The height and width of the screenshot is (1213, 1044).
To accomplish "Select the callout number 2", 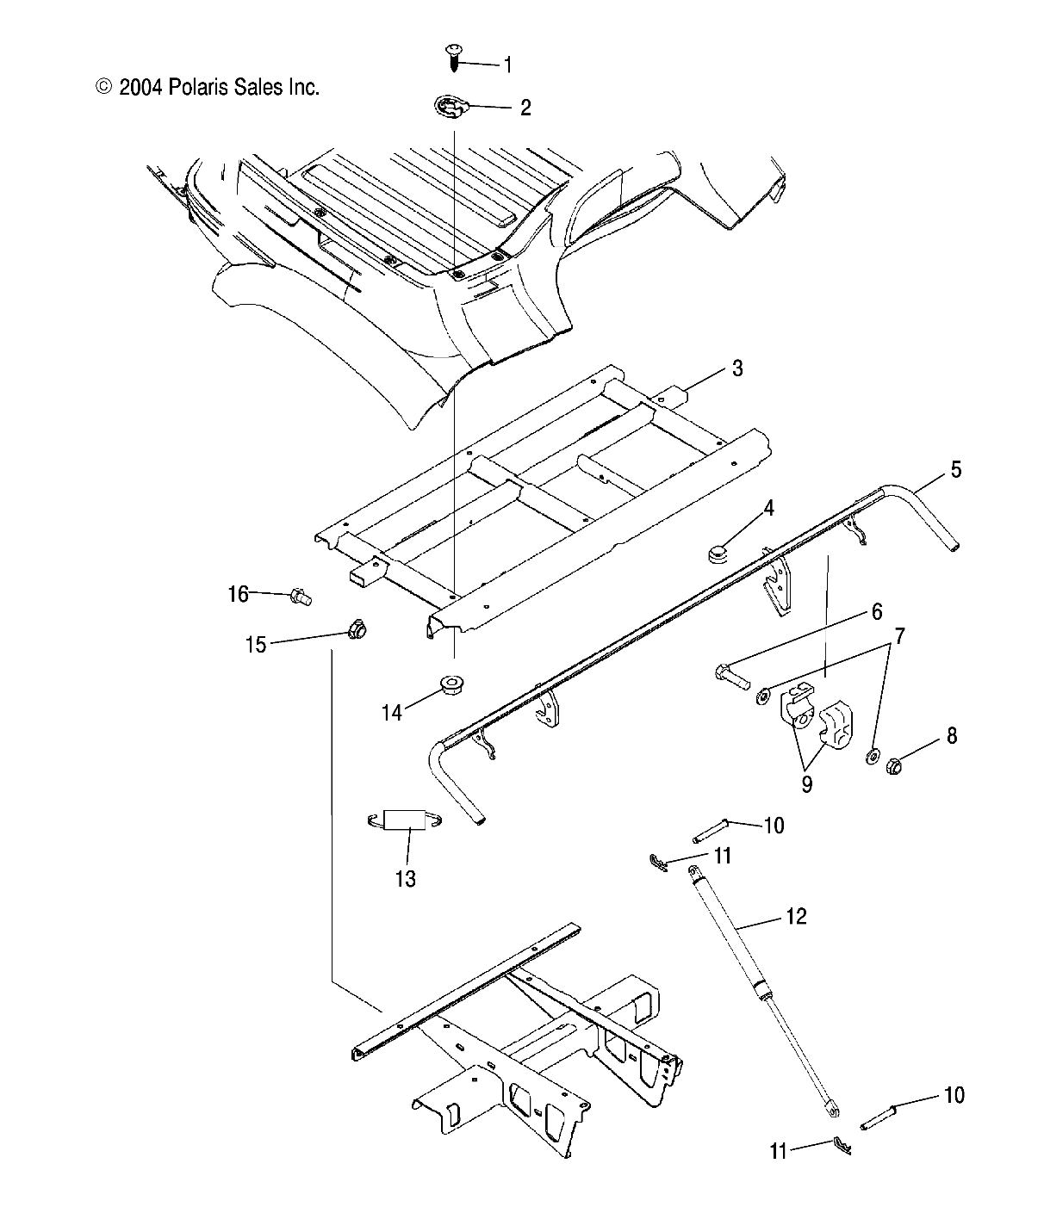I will (x=525, y=108).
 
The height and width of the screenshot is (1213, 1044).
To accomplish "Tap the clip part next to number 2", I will (x=451, y=108).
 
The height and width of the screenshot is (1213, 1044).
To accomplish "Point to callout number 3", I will (x=736, y=368).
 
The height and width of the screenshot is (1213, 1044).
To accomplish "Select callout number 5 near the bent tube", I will (x=955, y=470).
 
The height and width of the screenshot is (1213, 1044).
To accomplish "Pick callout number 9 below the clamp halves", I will (x=807, y=785).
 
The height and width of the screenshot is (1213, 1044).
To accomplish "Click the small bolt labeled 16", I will (x=301, y=595).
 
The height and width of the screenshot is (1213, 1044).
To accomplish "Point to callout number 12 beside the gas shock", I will (x=796, y=917).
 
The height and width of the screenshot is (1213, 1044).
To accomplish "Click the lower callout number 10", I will (x=954, y=1095).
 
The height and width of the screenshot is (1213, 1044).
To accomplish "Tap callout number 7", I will (x=900, y=637).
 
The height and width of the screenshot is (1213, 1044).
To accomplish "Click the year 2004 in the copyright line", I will (x=141, y=87).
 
